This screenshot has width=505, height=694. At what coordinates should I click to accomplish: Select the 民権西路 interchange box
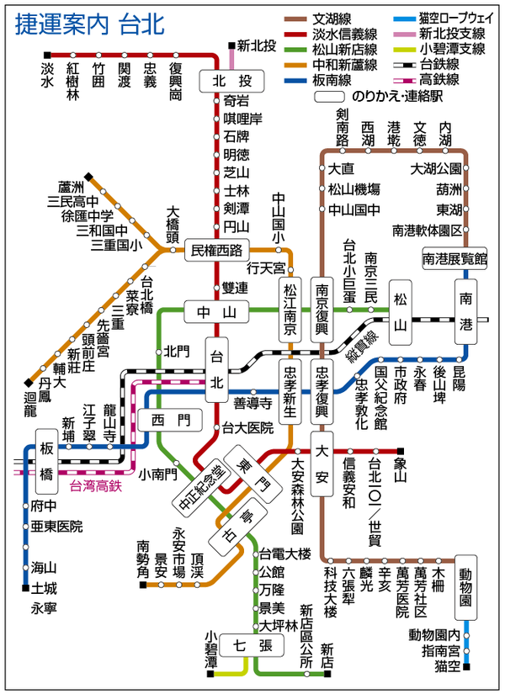pos(217,250)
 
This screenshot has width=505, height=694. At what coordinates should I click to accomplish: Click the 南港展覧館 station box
pos(455,260)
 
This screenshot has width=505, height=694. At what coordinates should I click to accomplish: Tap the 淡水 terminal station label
pos(46,76)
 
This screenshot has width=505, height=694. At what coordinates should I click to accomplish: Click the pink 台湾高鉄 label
pos(95,485)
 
